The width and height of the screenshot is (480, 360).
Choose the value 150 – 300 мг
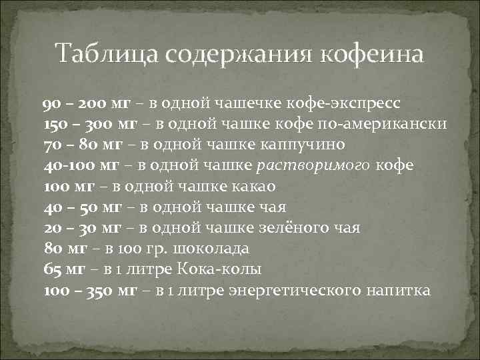coord(89,125)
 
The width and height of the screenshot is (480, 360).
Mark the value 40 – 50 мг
coord(79,207)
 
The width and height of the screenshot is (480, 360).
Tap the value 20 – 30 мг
coord(79,228)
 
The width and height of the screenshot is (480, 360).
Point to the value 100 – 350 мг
coord(90,290)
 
